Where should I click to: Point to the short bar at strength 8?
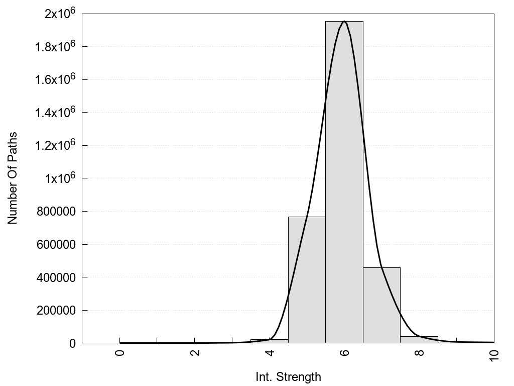(419, 340)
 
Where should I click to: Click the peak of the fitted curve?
(344, 22)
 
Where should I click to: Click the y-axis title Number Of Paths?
(13, 178)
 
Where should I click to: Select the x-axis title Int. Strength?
(288, 376)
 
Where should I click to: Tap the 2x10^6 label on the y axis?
(60, 14)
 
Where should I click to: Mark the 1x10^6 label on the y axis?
(60, 178)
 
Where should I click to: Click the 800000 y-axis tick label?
(56, 212)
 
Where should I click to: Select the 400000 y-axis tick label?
(56, 277)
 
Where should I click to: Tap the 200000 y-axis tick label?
(56, 311)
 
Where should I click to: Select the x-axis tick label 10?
(494, 354)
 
